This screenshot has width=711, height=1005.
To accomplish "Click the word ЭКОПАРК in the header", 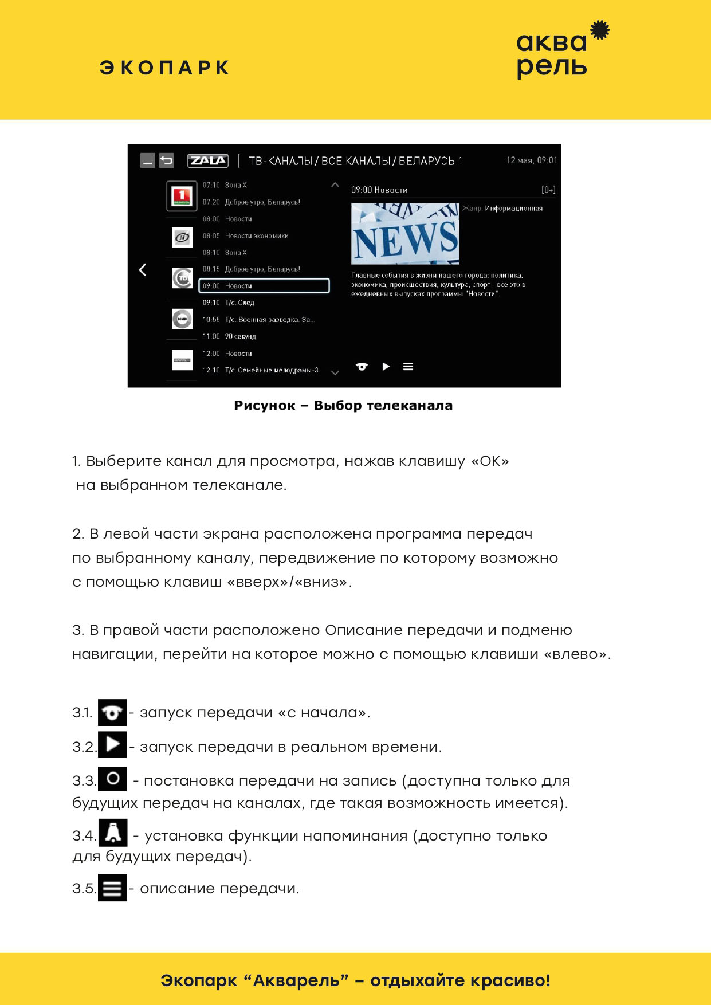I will pyautogui.click(x=164, y=68).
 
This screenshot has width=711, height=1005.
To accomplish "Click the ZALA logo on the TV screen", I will pyautogui.click(x=207, y=161).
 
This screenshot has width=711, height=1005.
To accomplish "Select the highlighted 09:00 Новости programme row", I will pyautogui.click(x=264, y=285).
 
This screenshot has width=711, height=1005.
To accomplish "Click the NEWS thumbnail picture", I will pyautogui.click(x=405, y=234).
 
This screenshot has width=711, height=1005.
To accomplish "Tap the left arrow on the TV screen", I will pyautogui.click(x=143, y=270).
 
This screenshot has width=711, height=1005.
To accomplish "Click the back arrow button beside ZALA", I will pyautogui.click(x=166, y=161).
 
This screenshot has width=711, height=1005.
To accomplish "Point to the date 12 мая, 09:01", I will pyautogui.click(x=531, y=160).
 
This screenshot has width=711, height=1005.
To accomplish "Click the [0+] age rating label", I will pyautogui.click(x=548, y=190).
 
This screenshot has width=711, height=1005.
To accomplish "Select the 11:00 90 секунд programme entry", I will pyautogui.click(x=229, y=336).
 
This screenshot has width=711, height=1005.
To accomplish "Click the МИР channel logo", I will pyautogui.click(x=182, y=319).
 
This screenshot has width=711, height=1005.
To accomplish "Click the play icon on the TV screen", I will pyautogui.click(x=386, y=367).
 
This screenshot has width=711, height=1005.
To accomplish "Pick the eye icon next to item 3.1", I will pyautogui.click(x=112, y=713).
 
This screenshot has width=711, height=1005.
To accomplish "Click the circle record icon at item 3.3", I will pyautogui.click(x=113, y=779).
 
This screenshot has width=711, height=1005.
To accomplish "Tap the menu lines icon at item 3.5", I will pyautogui.click(x=112, y=888).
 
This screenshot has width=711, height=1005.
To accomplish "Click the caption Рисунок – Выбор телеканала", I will pyautogui.click(x=343, y=406).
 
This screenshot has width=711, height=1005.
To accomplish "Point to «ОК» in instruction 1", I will pyautogui.click(x=490, y=461).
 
